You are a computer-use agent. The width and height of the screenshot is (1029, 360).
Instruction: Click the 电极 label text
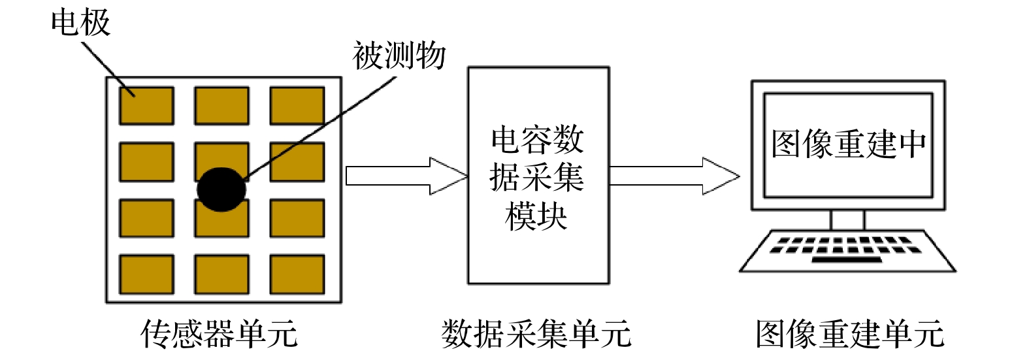coord(80,24)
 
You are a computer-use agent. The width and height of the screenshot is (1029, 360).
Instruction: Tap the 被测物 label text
coord(399,56)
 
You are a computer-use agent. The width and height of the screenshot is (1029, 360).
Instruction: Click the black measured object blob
coord(221,189)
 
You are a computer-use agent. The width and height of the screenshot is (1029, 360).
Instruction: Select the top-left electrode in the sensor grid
coord(146,105)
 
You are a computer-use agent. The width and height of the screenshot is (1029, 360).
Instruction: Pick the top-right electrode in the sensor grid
coord(297,105)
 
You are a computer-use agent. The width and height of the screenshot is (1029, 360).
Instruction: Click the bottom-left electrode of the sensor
coord(146,274)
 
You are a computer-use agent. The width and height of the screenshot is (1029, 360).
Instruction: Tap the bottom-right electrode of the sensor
coord(297,274)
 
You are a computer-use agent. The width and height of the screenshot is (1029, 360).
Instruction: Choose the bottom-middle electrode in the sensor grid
coord(221,274)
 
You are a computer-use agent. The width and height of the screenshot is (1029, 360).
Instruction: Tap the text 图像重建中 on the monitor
coord(848,144)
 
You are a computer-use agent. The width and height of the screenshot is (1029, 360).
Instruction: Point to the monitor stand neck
coord(847,220)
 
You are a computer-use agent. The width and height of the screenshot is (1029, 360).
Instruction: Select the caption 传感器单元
coord(219,334)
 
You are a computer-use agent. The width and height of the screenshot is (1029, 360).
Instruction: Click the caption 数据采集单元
coord(536,334)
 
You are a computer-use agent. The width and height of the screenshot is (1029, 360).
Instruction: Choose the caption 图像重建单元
coord(849,334)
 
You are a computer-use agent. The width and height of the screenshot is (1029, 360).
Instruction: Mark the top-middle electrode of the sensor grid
coord(221,105)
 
